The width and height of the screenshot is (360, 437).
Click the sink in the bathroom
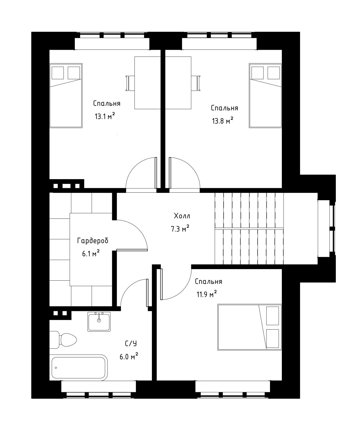99,322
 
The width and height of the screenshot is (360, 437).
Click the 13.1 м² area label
105,116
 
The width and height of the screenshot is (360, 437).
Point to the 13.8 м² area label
223,121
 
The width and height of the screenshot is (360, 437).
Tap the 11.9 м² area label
206,294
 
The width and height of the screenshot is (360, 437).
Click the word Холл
182,216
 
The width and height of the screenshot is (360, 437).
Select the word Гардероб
93,241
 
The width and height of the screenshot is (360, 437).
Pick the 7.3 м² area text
180,229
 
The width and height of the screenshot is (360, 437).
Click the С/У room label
131,343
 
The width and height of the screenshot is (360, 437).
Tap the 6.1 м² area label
91,254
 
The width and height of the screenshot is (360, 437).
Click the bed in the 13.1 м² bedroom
66,95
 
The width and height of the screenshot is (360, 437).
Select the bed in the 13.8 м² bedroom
265,95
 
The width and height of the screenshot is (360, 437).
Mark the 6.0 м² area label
129,357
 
